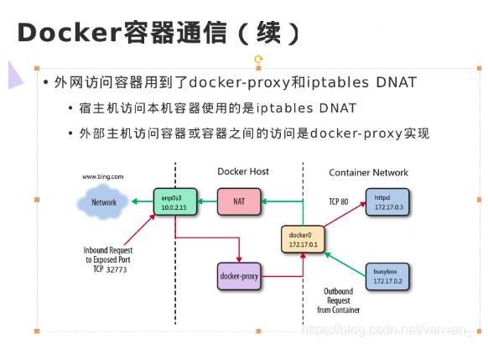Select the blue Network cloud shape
[x=103, y=202]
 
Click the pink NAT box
[x=238, y=201]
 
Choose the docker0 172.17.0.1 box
[x=300, y=240]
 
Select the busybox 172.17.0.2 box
[x=387, y=275]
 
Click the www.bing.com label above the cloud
[x=103, y=177]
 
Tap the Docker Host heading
[x=243, y=171]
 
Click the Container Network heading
[x=368, y=172]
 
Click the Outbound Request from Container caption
[x=338, y=300]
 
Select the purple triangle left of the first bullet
[x=15, y=75]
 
